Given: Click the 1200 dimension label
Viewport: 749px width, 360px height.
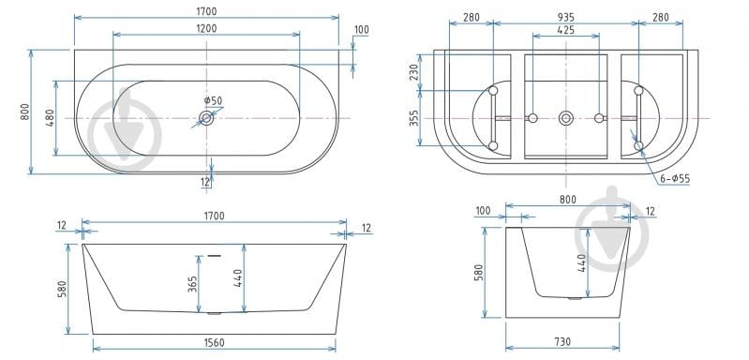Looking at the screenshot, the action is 206,28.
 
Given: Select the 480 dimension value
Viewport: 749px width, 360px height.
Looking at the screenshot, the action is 50,118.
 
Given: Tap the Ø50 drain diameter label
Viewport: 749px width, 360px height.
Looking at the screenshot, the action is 213,100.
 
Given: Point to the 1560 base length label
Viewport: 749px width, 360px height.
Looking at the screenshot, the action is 214,342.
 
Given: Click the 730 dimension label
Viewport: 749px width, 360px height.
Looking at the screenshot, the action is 562,342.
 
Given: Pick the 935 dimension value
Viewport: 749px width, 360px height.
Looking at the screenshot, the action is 565,18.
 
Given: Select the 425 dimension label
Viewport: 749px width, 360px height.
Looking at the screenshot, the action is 565,30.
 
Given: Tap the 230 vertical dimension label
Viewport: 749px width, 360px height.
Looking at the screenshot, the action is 414,72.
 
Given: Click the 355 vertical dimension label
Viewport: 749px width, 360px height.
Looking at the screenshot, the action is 414,118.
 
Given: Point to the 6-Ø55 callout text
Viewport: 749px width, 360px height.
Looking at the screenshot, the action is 675,178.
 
